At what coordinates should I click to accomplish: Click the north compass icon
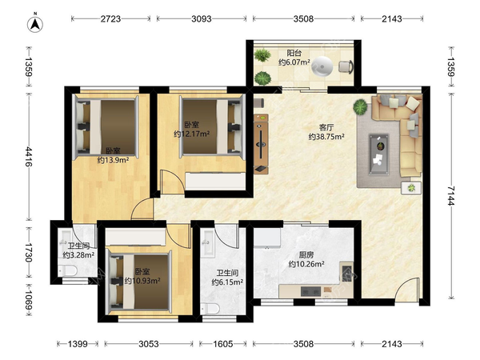[35, 23]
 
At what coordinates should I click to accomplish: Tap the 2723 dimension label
[110, 19]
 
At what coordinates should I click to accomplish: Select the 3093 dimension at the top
[202, 19]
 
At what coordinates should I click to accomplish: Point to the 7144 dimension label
[451, 196]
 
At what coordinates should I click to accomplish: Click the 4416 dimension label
[29, 157]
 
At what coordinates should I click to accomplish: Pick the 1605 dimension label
[223, 344]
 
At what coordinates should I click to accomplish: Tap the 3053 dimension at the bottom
[149, 344]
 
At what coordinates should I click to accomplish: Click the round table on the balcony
[322, 66]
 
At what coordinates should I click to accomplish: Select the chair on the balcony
[346, 66]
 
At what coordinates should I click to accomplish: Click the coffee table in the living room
[379, 154]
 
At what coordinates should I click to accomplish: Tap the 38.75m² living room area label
[326, 137]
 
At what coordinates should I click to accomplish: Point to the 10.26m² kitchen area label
[306, 263]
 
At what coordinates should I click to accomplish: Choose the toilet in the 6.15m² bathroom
[210, 308]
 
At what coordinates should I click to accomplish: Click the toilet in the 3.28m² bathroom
[68, 271]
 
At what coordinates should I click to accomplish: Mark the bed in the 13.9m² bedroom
[106, 126]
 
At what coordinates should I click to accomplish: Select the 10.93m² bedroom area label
[142, 281]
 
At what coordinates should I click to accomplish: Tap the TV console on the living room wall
[261, 143]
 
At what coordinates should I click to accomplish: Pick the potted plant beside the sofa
[360, 107]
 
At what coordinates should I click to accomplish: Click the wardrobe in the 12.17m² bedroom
[215, 182]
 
